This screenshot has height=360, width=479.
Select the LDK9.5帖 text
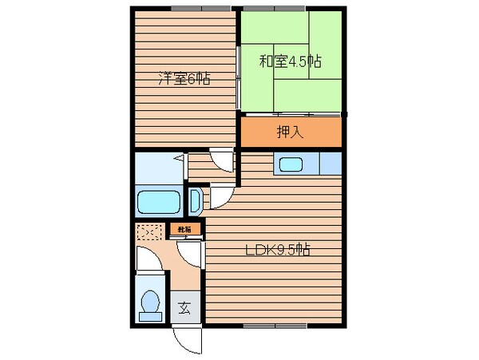click(x=276, y=249)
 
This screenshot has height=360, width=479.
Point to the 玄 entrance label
click(x=185, y=307)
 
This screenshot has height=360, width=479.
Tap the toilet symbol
click(x=150, y=303)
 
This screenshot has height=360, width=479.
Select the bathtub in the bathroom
click(x=160, y=202)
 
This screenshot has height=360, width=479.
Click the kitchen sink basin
click(x=290, y=165)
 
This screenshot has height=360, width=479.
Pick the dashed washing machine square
click(x=149, y=234)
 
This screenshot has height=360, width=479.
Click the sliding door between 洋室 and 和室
click(x=238, y=78)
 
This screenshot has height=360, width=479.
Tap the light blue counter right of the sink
click(x=330, y=164)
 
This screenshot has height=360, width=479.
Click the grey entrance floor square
click(x=185, y=307)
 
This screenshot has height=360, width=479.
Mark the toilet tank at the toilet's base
click(x=150, y=316)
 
